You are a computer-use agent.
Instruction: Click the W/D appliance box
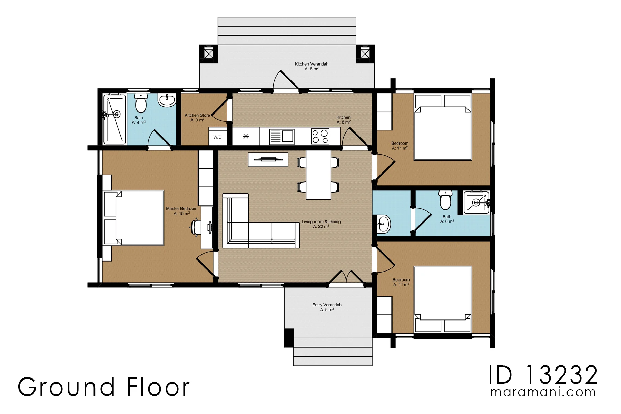pyautogui.click(x=218, y=136)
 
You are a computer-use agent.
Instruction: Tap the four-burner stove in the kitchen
pyautogui.click(x=320, y=136)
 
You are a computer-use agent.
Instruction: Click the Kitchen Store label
pyautogui.click(x=197, y=115)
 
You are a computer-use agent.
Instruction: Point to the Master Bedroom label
pyautogui.click(x=181, y=209)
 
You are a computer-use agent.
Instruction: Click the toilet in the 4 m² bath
pyautogui.click(x=141, y=103)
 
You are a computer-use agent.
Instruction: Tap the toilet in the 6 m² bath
pyautogui.click(x=445, y=200)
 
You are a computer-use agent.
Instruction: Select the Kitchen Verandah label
pyautogui.click(x=312, y=64)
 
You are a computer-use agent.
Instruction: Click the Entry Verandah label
pyautogui.click(x=327, y=305)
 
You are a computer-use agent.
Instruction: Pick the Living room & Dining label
pyautogui.click(x=321, y=221)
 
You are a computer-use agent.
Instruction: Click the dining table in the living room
pyautogui.click(x=318, y=175)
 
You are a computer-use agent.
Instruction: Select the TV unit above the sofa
pyautogui.click(x=268, y=159)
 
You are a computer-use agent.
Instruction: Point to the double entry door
pyautogui.click(x=346, y=279)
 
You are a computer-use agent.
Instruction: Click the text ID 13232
pyautogui.click(x=543, y=375)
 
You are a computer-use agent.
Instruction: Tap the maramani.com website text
pyautogui.click(x=543, y=392)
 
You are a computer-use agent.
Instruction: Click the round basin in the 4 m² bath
pyautogui.click(x=167, y=100)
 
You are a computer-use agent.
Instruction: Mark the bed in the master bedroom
pyautogui.click(x=134, y=218)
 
